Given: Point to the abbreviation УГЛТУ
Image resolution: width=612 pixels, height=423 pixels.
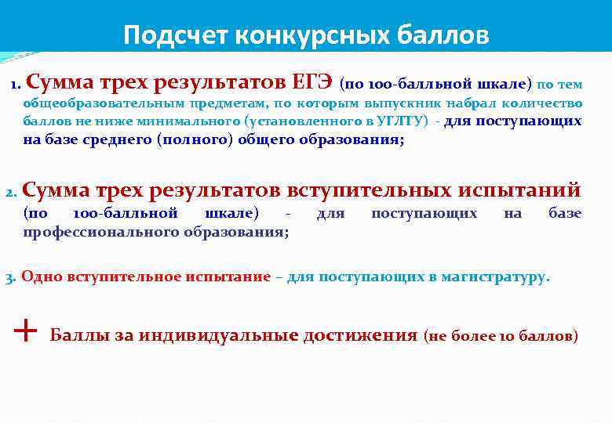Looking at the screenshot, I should (402, 121).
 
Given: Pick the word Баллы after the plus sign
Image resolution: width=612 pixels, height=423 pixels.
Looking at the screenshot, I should (76, 336).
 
